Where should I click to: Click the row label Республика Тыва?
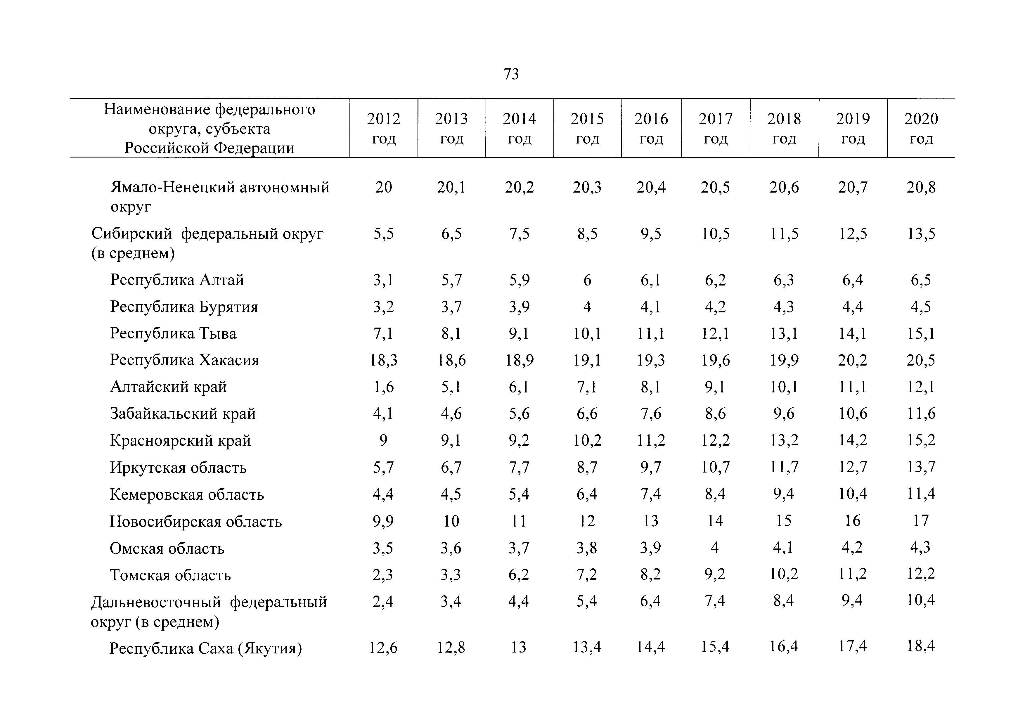173,333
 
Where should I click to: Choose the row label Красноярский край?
180,441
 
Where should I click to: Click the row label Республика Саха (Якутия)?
206,648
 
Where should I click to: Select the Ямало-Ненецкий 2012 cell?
383,187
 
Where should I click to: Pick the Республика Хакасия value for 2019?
853,360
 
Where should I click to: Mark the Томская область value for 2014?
519,574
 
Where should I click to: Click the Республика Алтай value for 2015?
587,280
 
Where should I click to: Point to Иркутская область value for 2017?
716,468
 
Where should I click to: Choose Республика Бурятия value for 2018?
784,307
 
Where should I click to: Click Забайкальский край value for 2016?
651,414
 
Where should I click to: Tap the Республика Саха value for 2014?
519,647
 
